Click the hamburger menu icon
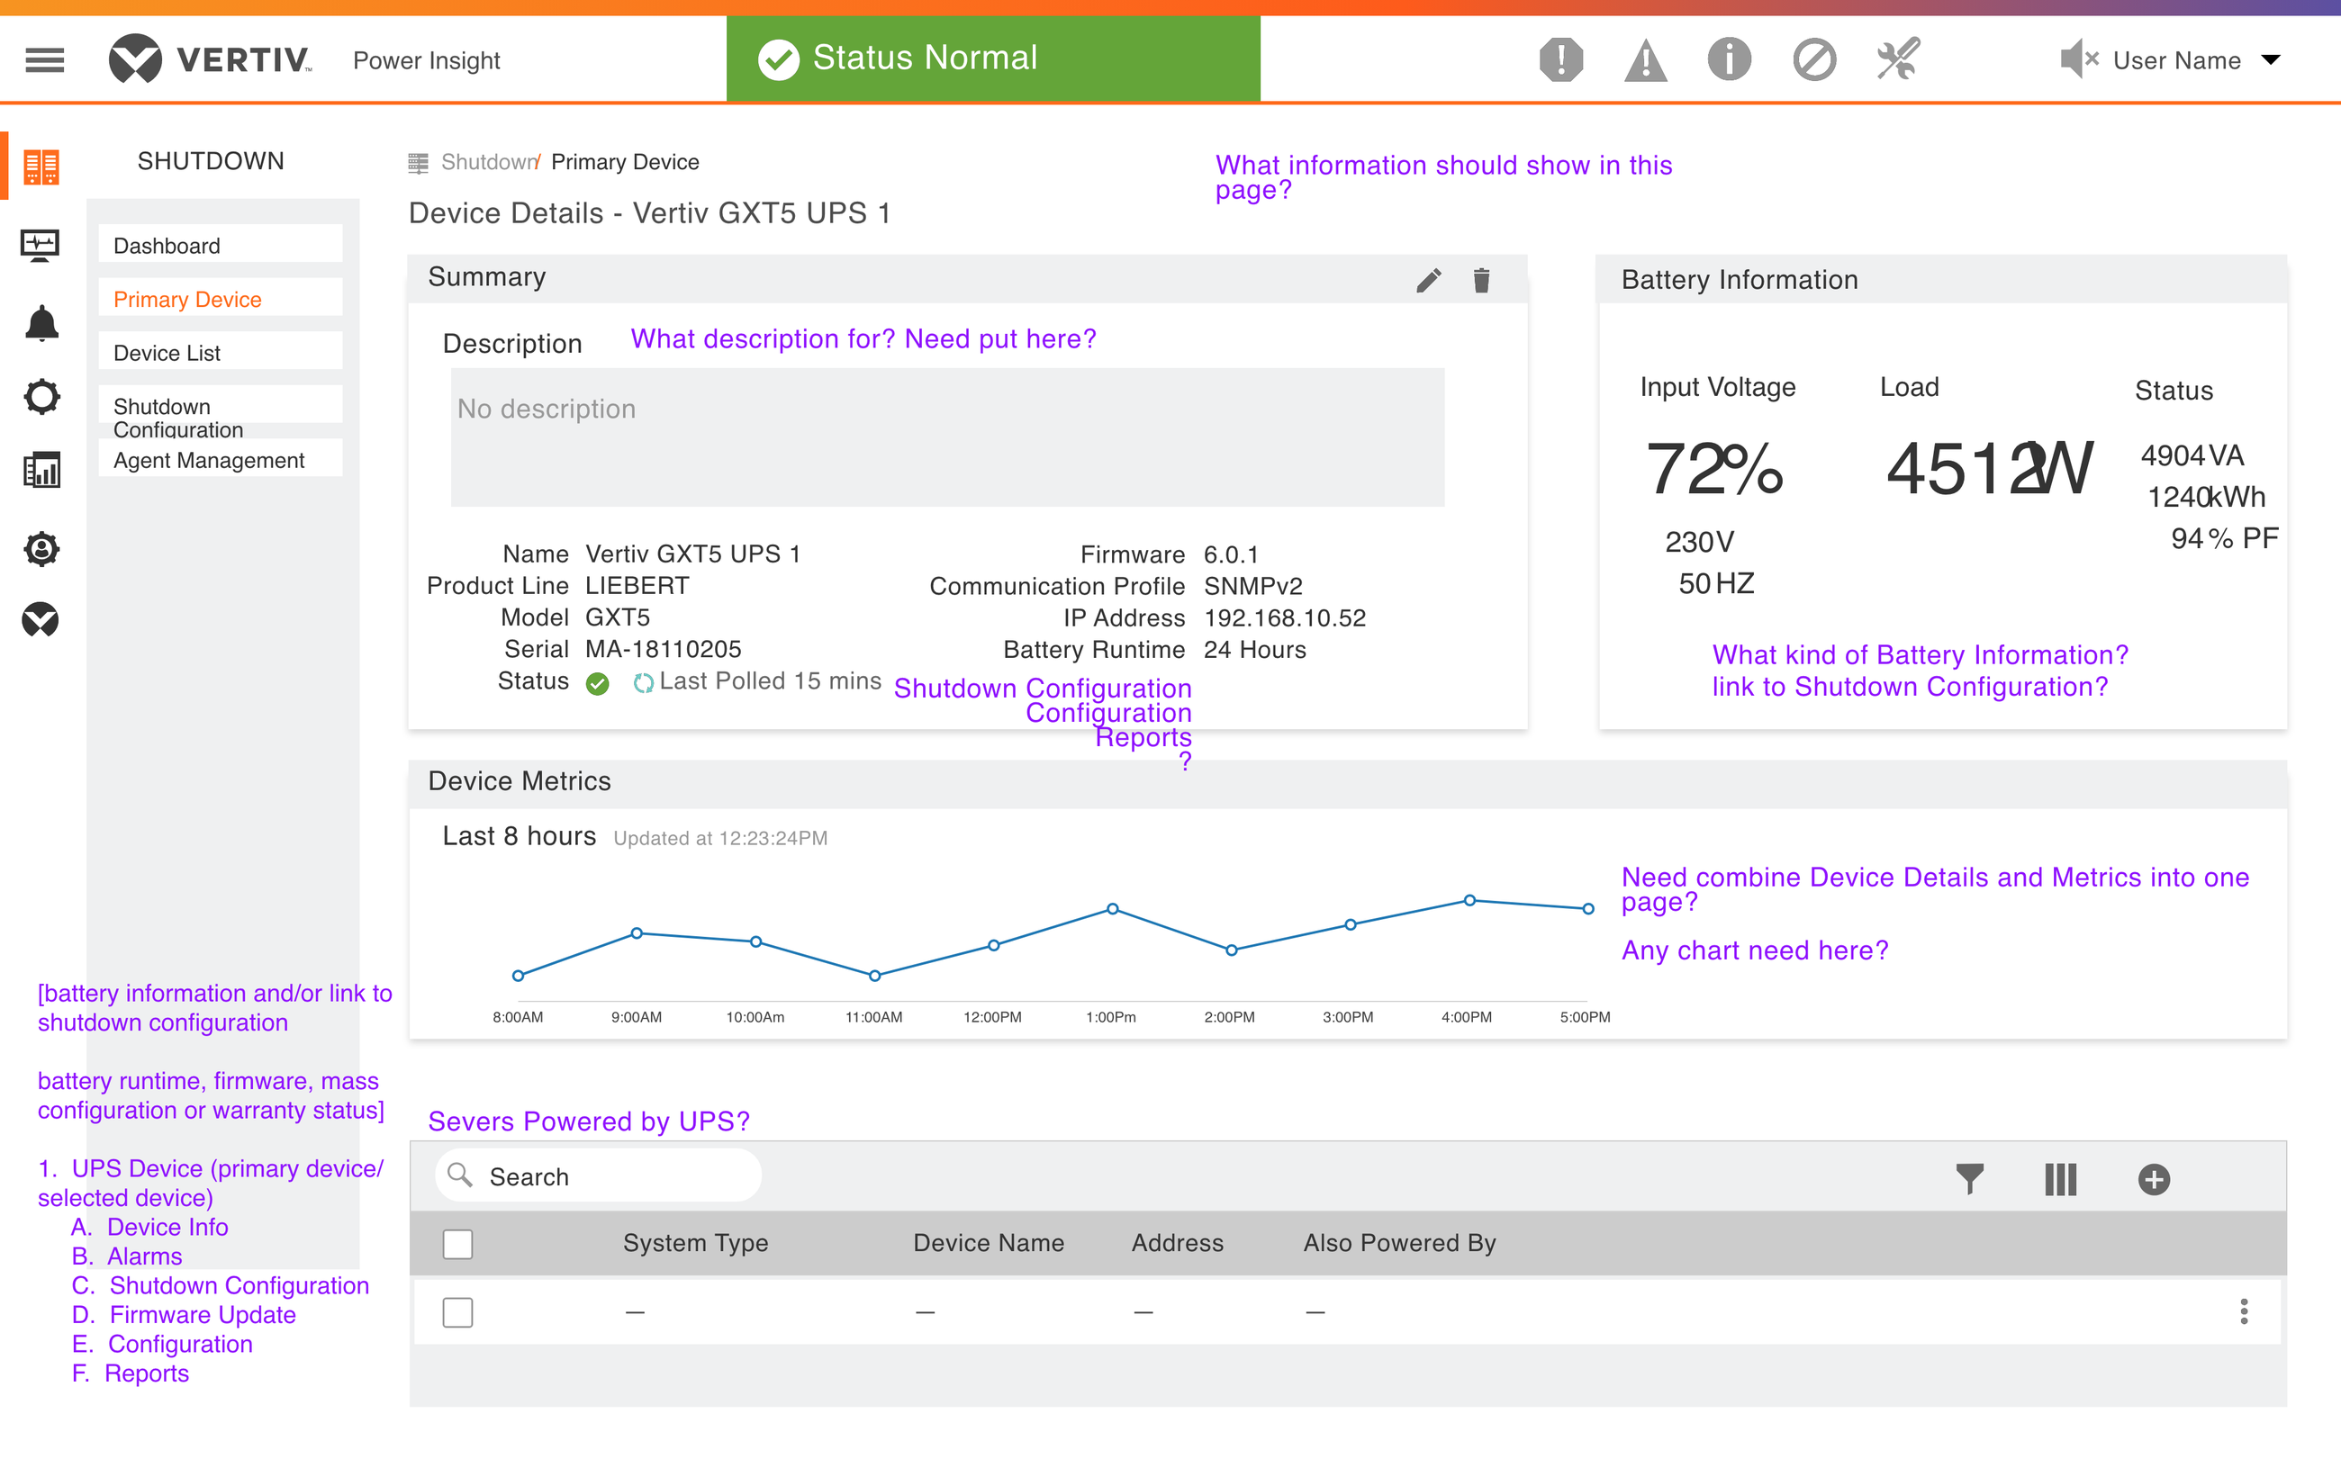45,60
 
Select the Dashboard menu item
167,246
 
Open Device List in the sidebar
167,353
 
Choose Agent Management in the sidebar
209,460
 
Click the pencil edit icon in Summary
1428,281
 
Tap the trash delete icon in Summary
1481,281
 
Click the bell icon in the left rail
41,322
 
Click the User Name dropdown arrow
2270,60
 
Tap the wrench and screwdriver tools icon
1897,59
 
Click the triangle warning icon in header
1645,60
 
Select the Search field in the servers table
598,1175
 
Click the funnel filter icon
1969,1179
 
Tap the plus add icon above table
2154,1180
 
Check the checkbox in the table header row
457,1244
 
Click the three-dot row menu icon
2243,1311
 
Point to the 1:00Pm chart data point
1113,909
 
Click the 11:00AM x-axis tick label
874,1016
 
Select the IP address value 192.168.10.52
1285,617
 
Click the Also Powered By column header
1399,1243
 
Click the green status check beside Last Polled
597,683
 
